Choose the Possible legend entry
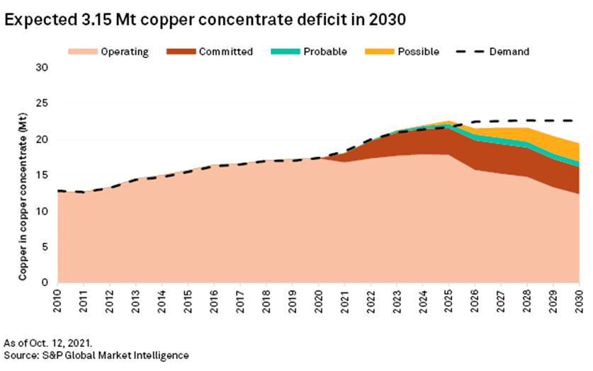(400, 52)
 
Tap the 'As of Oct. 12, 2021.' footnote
(47, 341)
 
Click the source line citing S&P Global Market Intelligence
(96, 354)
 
